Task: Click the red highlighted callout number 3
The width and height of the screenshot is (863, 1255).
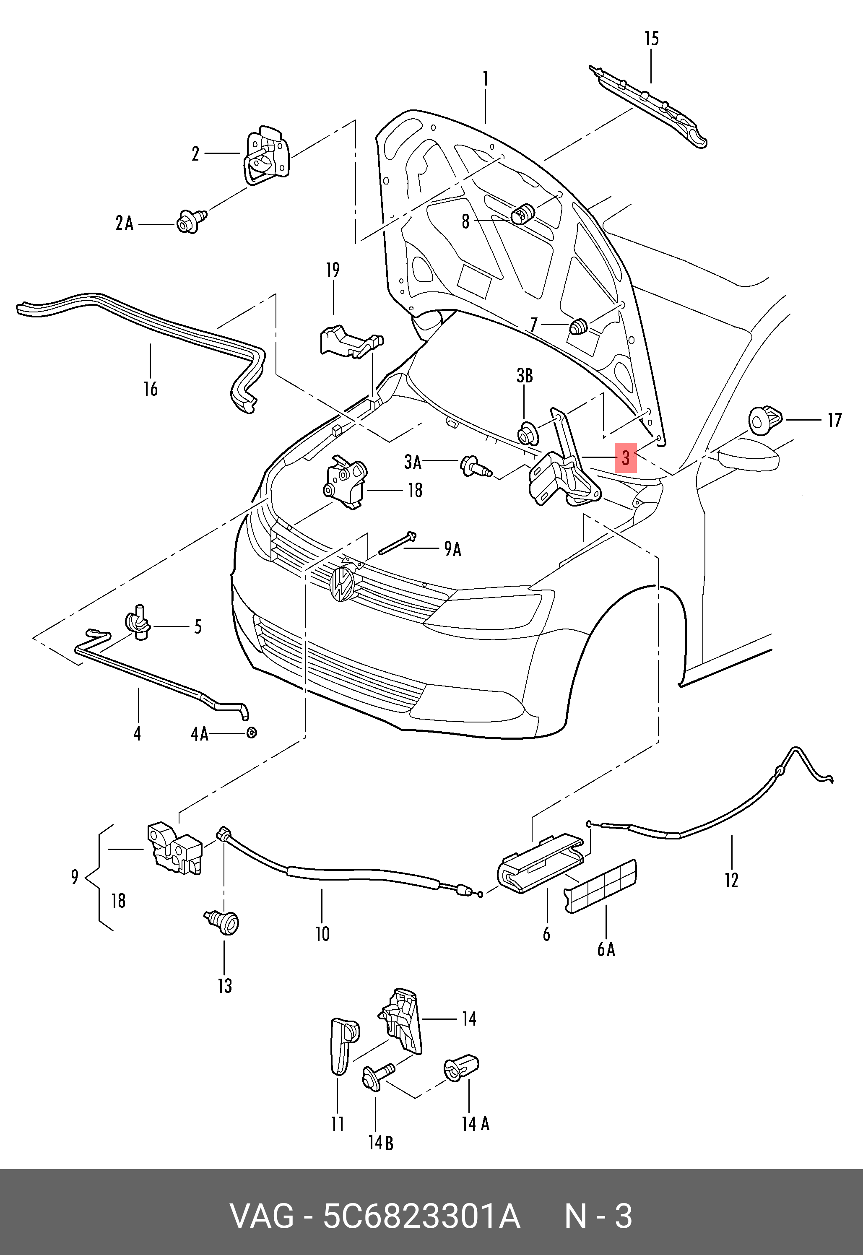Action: pyautogui.click(x=625, y=457)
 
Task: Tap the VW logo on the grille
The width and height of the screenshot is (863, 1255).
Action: pyautogui.click(x=342, y=584)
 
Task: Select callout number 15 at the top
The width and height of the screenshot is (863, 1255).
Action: pyautogui.click(x=652, y=39)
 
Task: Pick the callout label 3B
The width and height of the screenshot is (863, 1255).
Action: pyautogui.click(x=525, y=376)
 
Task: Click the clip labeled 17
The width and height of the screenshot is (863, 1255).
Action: pyautogui.click(x=764, y=420)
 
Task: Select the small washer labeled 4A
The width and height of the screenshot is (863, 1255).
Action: pyautogui.click(x=252, y=733)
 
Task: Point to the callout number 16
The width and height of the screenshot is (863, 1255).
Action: pyautogui.click(x=150, y=389)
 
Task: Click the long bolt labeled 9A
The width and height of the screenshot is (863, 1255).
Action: pyautogui.click(x=398, y=543)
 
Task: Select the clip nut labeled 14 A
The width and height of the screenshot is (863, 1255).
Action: pyautogui.click(x=461, y=1068)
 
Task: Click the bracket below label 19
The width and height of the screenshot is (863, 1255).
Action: pyautogui.click(x=349, y=340)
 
